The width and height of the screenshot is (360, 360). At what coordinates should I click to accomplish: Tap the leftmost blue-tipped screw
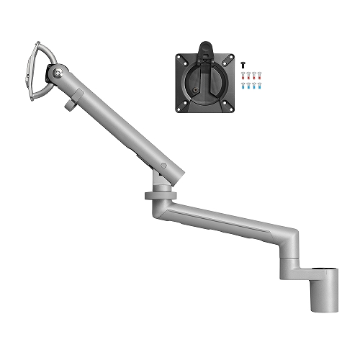pyautogui.click(x=243, y=86)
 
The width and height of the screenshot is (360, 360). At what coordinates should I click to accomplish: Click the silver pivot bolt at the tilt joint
pyautogui.click(x=58, y=72)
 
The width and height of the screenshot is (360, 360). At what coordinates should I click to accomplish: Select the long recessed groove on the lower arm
pyautogui.click(x=230, y=219)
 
